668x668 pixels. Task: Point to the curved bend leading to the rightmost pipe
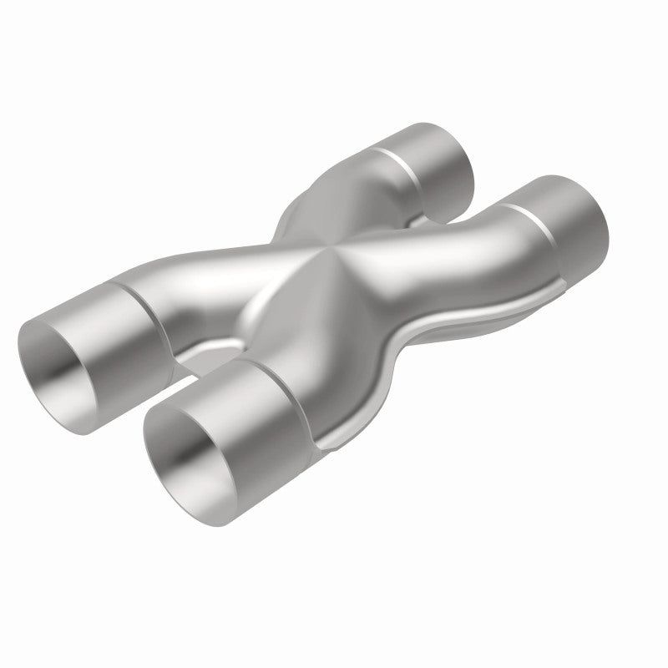click(x=468, y=250)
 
